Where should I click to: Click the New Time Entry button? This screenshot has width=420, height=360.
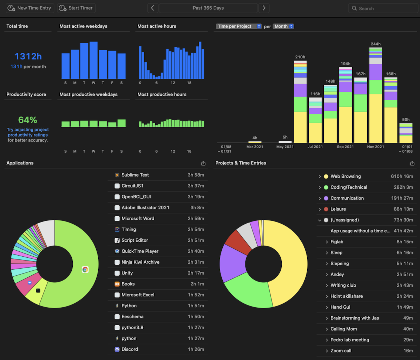(x=30, y=8)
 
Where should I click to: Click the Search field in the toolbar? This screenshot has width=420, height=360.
(x=383, y=8)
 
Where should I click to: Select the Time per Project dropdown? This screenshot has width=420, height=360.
(x=238, y=26)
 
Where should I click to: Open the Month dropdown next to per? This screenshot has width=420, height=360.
(x=283, y=26)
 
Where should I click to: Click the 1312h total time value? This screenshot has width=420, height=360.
(x=28, y=56)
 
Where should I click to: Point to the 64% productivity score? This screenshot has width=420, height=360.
(x=28, y=120)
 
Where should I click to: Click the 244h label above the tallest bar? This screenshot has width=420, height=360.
(x=375, y=44)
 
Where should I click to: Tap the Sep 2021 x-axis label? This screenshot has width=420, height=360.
(x=345, y=147)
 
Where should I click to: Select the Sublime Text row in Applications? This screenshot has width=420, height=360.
(x=158, y=175)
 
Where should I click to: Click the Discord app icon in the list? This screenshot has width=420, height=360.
(x=117, y=349)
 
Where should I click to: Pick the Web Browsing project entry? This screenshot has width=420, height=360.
(x=346, y=176)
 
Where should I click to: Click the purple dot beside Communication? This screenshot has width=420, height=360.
(x=326, y=198)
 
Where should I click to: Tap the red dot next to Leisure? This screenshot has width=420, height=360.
(x=326, y=209)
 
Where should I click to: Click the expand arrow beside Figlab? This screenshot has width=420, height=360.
(x=327, y=242)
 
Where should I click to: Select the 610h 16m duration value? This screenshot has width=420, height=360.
(x=402, y=176)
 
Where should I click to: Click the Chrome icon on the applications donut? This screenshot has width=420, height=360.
(x=85, y=269)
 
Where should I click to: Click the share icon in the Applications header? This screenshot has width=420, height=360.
(x=203, y=163)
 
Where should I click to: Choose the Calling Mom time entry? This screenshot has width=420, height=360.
(x=344, y=329)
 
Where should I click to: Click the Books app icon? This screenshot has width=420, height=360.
(x=117, y=284)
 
